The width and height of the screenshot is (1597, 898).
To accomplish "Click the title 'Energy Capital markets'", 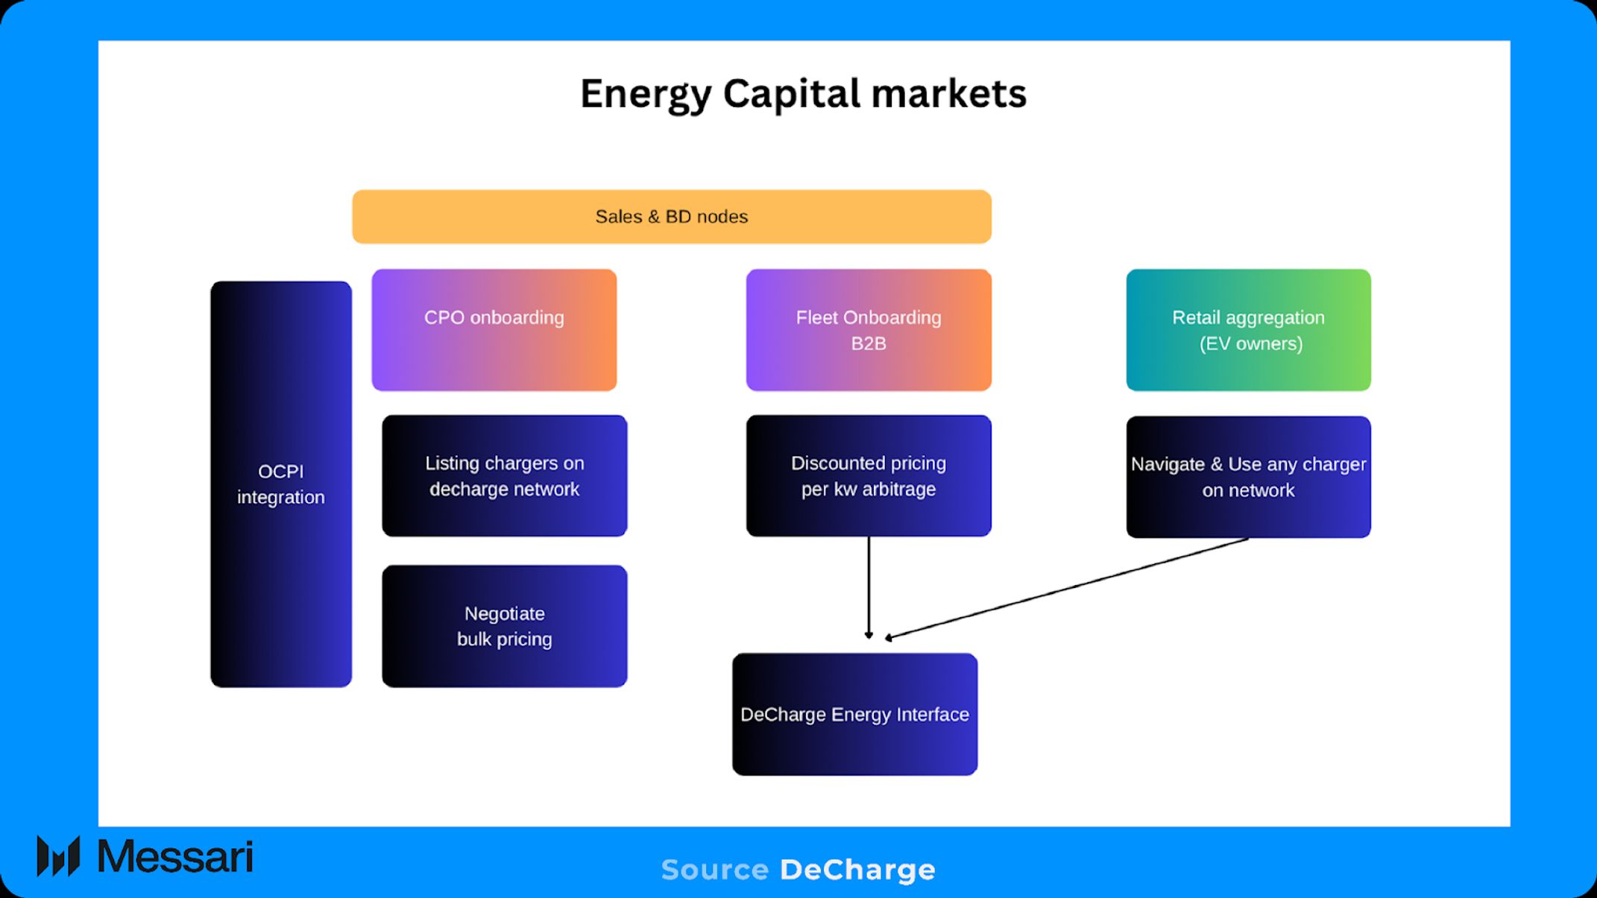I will [803, 95].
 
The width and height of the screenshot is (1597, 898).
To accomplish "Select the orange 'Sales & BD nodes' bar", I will [671, 217].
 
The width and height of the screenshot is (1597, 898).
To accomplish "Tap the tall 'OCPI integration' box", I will [280, 484].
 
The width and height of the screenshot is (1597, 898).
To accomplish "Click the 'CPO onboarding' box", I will [494, 329].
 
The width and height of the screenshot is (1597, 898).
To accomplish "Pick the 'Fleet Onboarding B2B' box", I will [869, 329].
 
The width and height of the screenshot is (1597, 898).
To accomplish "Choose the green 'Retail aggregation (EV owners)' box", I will [1248, 329].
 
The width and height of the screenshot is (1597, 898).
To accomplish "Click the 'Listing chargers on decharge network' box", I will [504, 475].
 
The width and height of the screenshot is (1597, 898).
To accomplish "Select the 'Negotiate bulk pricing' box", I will [504, 626].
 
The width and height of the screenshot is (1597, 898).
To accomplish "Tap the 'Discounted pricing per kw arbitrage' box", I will [869, 475].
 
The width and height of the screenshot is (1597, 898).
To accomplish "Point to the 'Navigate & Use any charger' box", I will [1248, 477].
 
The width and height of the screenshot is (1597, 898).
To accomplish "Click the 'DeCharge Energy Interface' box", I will [854, 714].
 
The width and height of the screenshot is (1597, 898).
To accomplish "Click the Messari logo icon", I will [58, 856].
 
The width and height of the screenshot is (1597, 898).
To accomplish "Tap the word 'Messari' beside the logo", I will [175, 857].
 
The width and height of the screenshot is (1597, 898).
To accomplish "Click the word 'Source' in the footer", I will [714, 870].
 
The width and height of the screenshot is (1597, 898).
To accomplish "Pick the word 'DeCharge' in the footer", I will [857, 870].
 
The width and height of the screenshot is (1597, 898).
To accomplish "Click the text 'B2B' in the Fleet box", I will [869, 344].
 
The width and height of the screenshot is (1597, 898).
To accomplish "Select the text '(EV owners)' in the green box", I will [1251, 344].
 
